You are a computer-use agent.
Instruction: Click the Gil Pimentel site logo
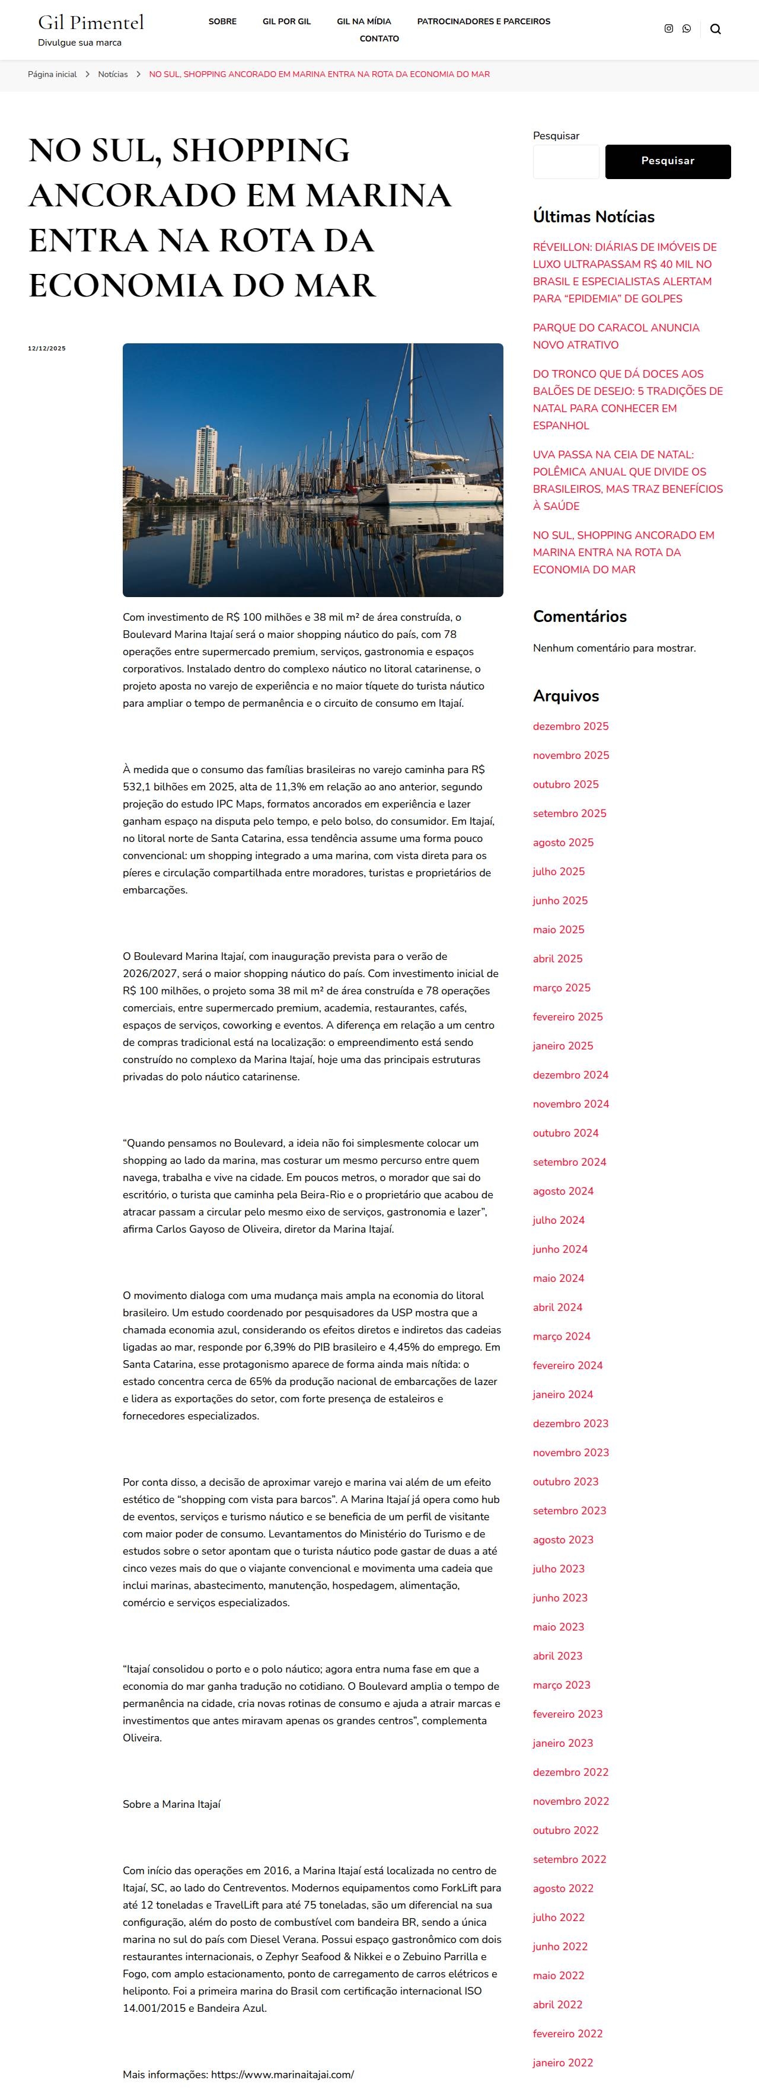(x=91, y=23)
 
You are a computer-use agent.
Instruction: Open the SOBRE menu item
(x=222, y=21)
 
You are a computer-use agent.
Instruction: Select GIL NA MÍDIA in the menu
(x=363, y=21)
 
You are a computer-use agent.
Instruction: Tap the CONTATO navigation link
(x=379, y=38)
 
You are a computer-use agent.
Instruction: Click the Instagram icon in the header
(x=669, y=28)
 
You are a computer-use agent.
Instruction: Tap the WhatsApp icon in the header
(x=687, y=28)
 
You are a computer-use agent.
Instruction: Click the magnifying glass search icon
(x=715, y=29)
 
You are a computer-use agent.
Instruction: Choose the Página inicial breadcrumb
(x=52, y=74)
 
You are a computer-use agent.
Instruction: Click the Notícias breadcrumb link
(x=112, y=74)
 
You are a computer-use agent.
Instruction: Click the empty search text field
(x=565, y=161)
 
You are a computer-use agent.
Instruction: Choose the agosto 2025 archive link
(x=563, y=842)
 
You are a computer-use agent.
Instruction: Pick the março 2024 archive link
(x=562, y=1336)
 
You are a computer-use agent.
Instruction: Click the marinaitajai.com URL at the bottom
(x=282, y=2074)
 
